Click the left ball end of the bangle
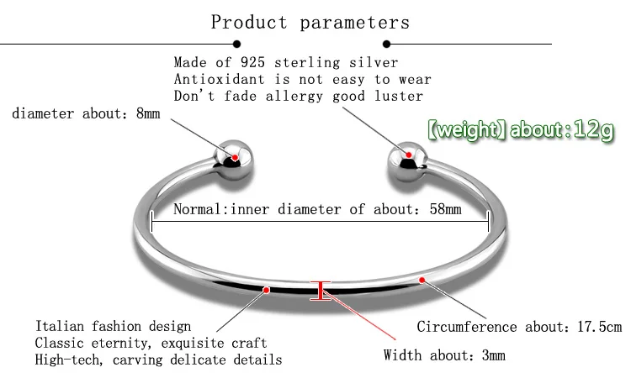pos(233,160)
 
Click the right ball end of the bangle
pos(407,161)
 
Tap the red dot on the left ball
pos(235,157)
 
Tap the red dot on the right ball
pos(408,155)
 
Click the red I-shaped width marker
pos(321,291)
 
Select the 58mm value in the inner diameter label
pos(445,209)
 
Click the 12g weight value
pos(594,130)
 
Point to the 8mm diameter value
pos(148,113)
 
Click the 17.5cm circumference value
pos(600,327)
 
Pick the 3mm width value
pos(493,355)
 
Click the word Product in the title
pos(249,23)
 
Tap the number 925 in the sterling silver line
pos(252,62)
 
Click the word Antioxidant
pos(220,79)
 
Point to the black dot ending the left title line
pos(236,44)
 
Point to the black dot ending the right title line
pos(387,44)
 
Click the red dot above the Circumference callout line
pos(422,280)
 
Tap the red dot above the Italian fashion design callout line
pos(266,290)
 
